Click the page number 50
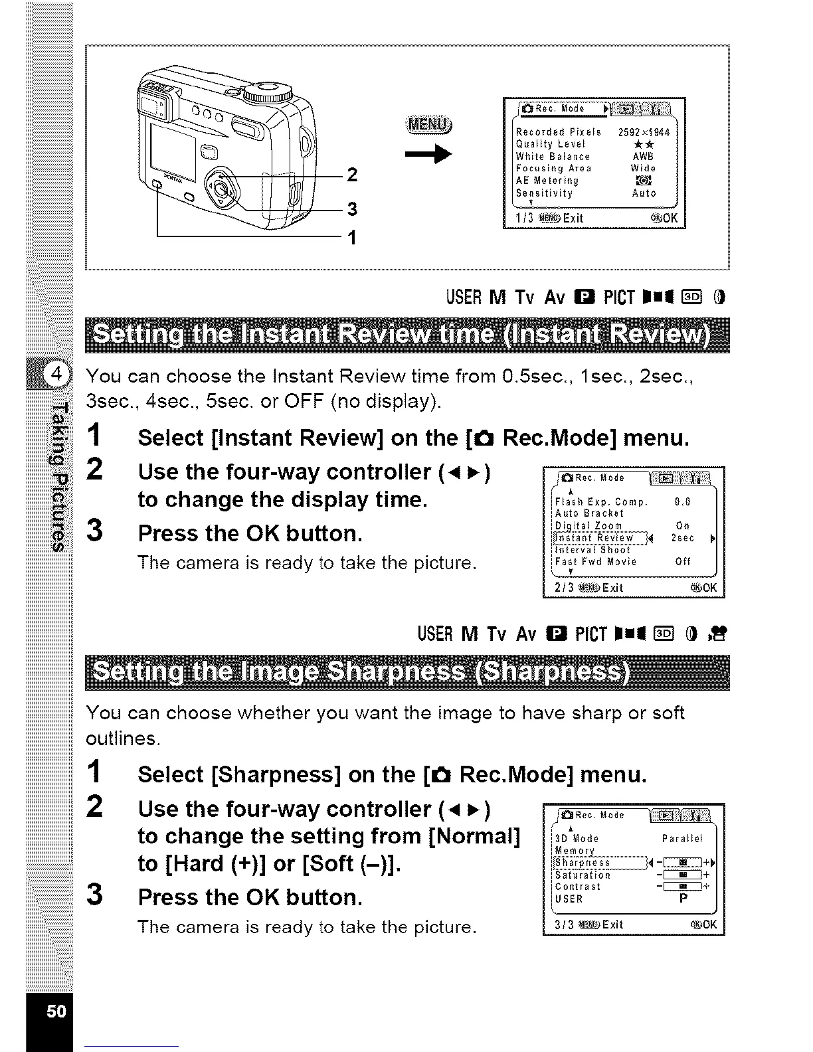56,1011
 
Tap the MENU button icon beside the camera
429,125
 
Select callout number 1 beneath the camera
353,237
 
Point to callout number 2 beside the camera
353,175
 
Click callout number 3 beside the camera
353,209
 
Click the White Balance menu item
553,157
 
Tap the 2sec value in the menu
683,538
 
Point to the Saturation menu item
583,875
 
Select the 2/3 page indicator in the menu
564,588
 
